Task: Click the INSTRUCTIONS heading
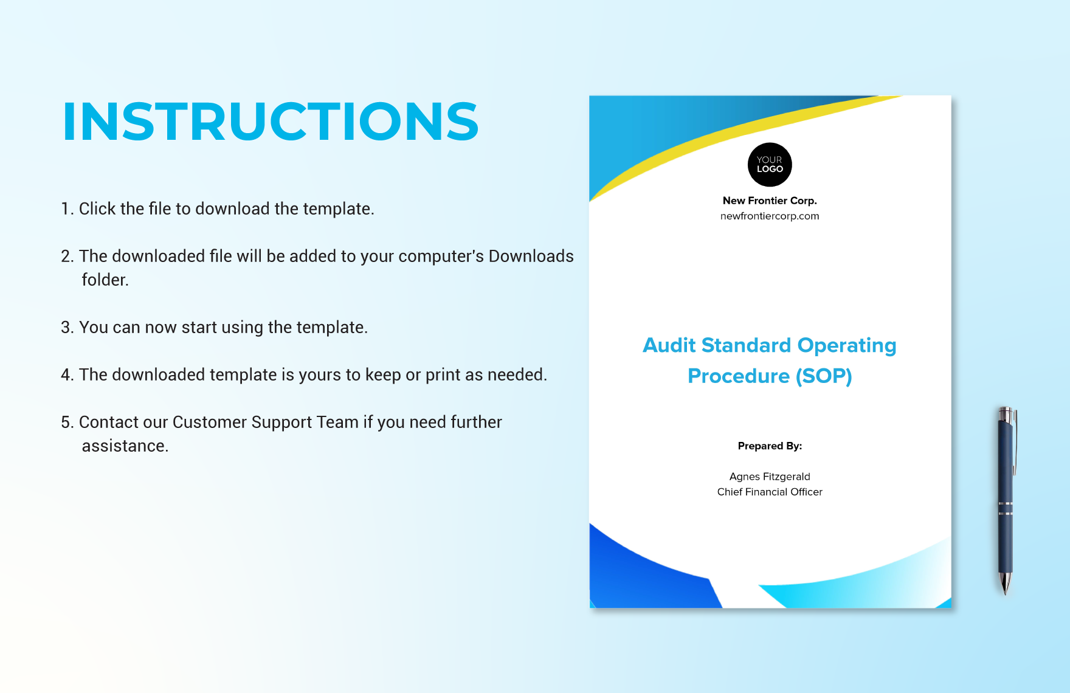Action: point(271,122)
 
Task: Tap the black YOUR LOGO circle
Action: point(770,165)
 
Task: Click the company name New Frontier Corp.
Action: point(770,201)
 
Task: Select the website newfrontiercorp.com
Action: point(770,216)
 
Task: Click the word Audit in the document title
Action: point(669,345)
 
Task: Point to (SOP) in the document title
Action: point(824,376)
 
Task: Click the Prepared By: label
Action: point(770,446)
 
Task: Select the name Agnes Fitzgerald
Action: point(770,477)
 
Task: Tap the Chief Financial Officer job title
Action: point(770,492)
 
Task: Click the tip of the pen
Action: point(1006,591)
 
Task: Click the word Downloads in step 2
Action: point(531,257)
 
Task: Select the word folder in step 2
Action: point(105,280)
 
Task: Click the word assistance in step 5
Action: point(125,446)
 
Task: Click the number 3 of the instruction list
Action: point(66,328)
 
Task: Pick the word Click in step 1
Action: point(97,209)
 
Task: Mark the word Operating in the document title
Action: point(846,345)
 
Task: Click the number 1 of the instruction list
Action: point(66,209)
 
